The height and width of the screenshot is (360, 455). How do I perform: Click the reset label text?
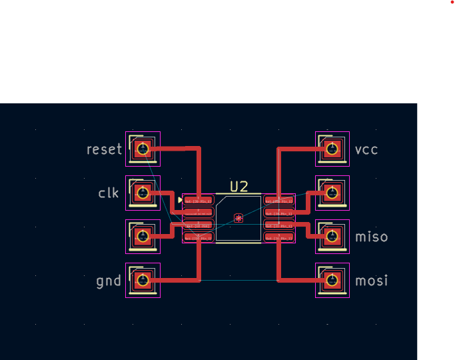click(105, 149)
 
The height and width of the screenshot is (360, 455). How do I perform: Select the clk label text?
click(108, 193)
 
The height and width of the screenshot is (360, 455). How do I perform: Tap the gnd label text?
click(109, 281)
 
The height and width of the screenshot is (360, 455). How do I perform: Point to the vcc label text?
click(366, 149)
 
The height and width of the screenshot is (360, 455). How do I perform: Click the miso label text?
click(371, 237)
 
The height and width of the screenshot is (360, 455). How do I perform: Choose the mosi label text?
click(371, 281)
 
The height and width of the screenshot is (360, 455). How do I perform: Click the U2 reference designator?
click(239, 187)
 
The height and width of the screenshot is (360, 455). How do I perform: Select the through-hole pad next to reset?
click(142, 149)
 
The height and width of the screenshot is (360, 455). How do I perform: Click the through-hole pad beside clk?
click(142, 193)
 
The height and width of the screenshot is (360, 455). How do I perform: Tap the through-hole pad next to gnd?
click(142, 281)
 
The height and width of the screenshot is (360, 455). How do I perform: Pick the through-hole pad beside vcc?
click(332, 149)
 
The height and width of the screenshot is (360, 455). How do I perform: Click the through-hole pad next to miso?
click(332, 236)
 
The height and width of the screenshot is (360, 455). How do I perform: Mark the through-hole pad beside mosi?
click(332, 281)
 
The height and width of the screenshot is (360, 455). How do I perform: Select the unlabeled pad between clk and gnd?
click(142, 236)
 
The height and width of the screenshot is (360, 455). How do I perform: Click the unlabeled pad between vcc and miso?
click(332, 193)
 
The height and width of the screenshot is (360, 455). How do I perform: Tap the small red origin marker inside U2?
click(238, 217)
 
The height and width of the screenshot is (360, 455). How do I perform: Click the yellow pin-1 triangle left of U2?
click(180, 200)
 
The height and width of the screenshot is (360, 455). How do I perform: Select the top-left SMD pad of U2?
click(198, 200)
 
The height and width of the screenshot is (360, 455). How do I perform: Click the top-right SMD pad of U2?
click(279, 200)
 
